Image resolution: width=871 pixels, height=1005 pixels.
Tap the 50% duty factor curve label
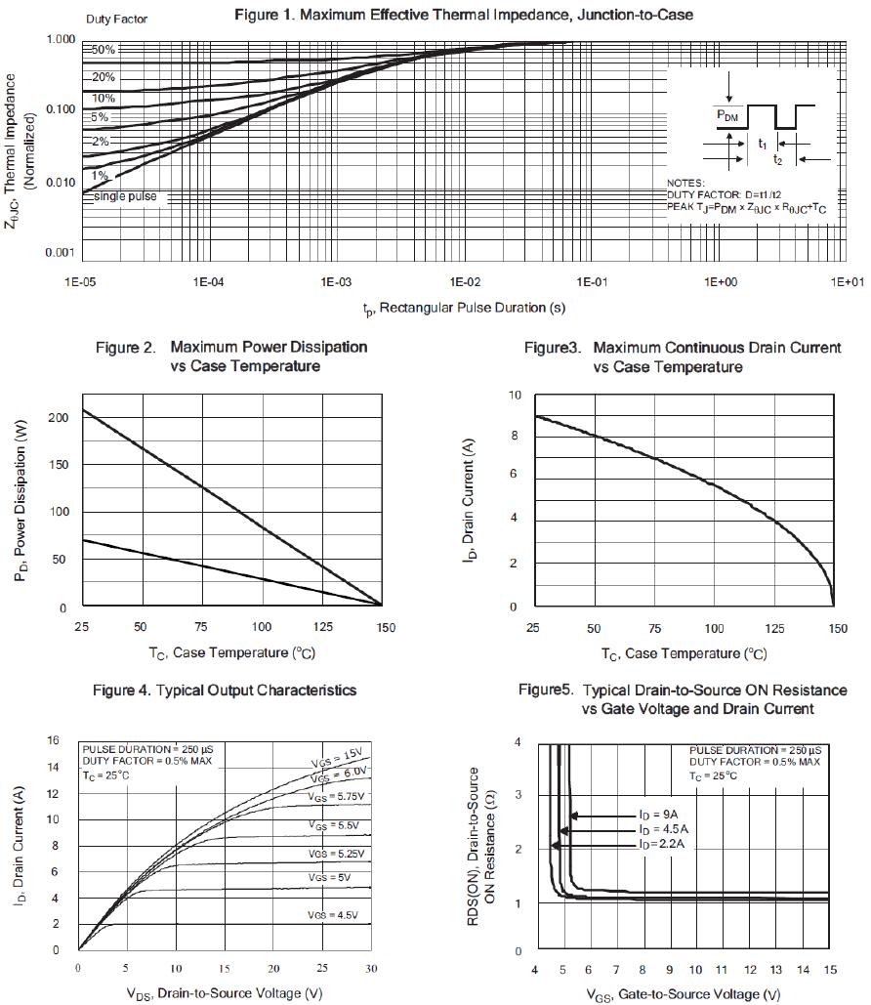tap(104, 50)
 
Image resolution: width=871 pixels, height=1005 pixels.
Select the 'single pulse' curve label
tap(125, 197)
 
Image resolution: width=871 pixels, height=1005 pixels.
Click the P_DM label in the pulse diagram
tap(728, 115)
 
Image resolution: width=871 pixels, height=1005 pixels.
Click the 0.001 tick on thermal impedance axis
tap(61, 253)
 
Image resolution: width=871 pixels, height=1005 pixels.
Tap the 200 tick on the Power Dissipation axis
tap(61, 418)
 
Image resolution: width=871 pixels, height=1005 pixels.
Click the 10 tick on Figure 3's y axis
tap(515, 396)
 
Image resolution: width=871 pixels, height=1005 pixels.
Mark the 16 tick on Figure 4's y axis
tap(54, 740)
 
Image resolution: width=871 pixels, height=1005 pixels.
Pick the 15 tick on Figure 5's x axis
tap(828, 969)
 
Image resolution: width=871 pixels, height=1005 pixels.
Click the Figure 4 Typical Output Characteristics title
tap(225, 691)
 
